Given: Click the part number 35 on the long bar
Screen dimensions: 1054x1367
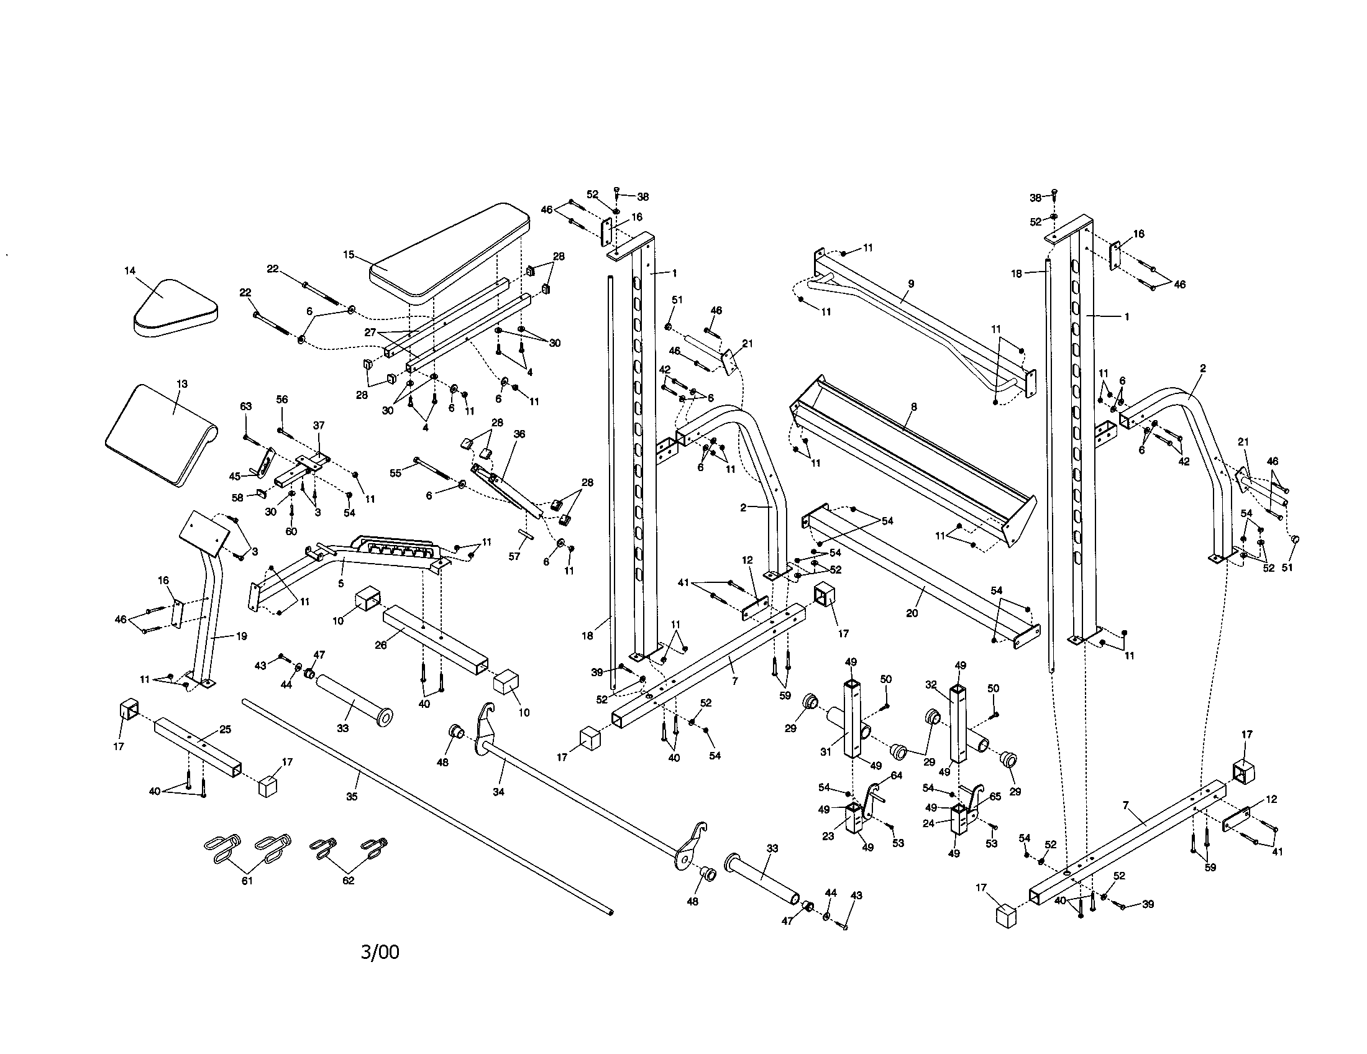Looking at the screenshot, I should coord(352,797).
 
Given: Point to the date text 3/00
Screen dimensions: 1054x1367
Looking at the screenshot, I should coord(380,952).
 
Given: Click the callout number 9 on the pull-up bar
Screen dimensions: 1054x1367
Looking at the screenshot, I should coord(911,283).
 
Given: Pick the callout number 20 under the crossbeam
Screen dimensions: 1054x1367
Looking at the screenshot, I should coord(912,613).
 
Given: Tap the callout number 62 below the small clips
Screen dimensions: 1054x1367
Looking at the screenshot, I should coord(348,881).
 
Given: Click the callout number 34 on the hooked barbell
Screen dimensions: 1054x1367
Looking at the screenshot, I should coord(498,792).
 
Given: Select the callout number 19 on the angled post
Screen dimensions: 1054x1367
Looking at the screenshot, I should coord(241,636).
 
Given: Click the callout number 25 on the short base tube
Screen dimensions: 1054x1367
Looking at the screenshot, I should coord(226,729).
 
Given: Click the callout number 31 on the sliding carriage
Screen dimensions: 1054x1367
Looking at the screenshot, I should coord(826,752).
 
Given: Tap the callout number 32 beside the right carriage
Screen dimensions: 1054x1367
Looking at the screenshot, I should coord(931,685).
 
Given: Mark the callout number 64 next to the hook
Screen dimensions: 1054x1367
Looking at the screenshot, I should coord(896,776).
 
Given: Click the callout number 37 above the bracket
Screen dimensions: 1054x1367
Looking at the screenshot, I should coord(319,425).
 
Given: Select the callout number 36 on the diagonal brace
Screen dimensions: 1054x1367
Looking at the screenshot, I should coord(519,434).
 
